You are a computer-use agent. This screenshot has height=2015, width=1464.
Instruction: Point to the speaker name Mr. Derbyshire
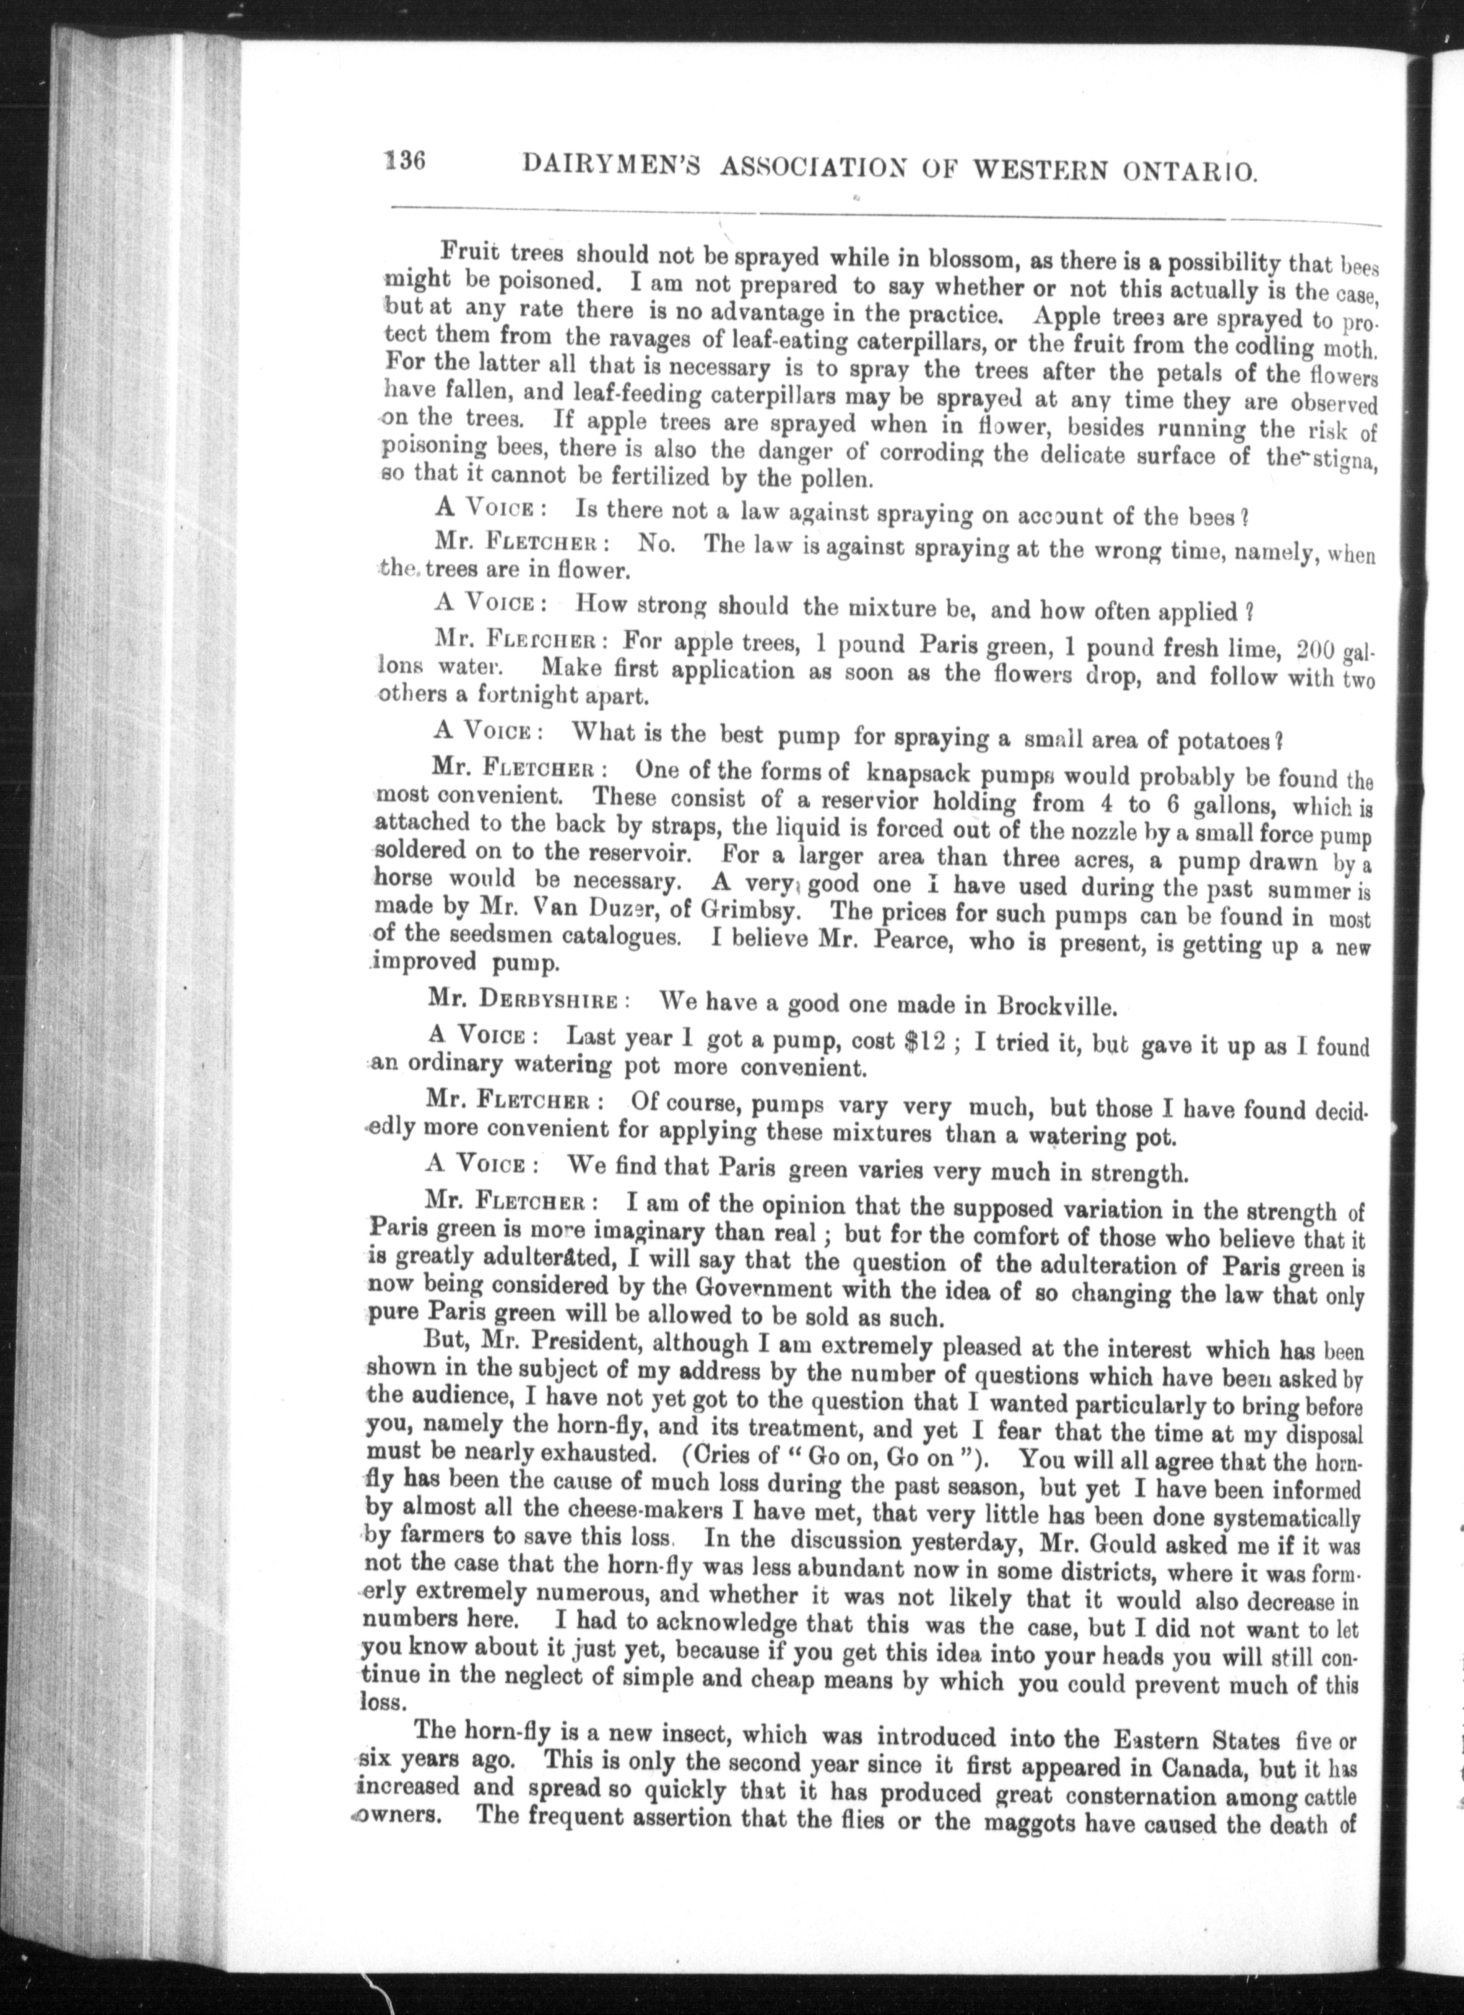click(x=522, y=999)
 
